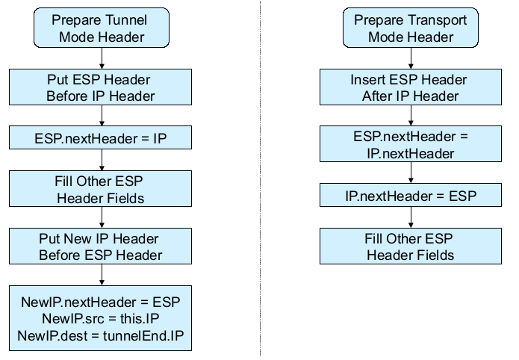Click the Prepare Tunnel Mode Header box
pos(101,28)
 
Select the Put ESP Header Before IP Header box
pos(101,87)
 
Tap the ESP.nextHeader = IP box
pos(101,137)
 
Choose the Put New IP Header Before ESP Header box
pos(101,246)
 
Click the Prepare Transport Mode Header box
pos(411,28)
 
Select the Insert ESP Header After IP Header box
pos(411,87)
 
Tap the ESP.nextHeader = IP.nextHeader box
pos(411,144)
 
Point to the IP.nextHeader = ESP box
pos(411,196)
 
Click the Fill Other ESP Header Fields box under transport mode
pos(411,246)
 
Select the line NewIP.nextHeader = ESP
pos(101,302)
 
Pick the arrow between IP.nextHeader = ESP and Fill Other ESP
pos(411,218)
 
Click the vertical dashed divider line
pos(260,179)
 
